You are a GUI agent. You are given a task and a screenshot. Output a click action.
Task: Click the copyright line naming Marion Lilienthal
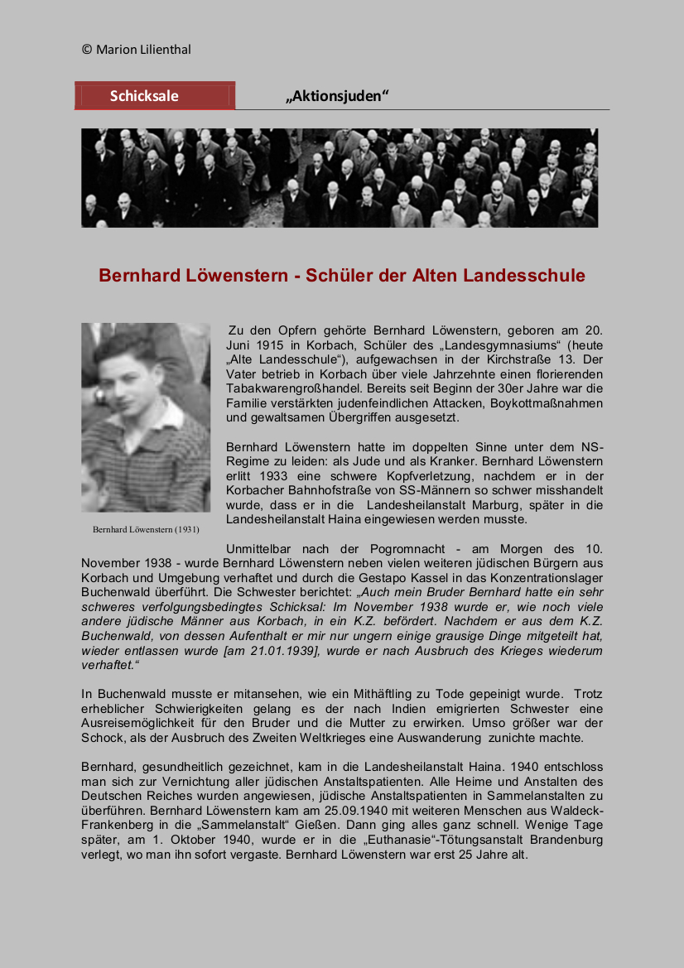pos(137,50)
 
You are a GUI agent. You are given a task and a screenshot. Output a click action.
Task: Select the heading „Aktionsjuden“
pos(337,96)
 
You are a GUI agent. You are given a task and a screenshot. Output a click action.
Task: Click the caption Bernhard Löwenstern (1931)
pos(146,529)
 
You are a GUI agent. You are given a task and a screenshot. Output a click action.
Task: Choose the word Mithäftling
pos(375,694)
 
